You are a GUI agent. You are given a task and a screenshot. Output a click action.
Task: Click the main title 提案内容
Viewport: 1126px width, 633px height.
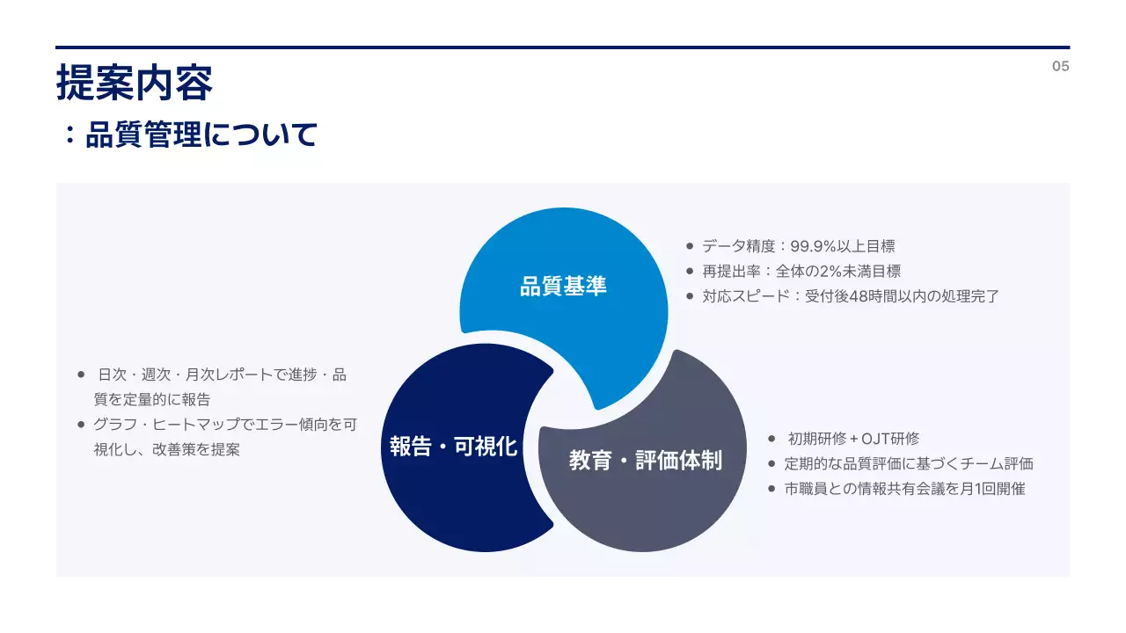click(135, 84)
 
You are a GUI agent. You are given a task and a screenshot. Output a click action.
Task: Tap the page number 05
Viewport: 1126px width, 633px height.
click(1060, 66)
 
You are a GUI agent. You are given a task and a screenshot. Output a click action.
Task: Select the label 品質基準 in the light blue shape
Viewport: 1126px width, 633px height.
click(563, 287)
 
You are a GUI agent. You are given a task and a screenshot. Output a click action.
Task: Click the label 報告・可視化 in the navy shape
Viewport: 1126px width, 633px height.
click(454, 447)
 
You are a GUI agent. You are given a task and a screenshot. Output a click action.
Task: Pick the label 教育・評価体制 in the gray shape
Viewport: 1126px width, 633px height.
click(645, 461)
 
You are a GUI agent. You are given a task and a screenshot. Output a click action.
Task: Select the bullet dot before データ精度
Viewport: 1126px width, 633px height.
click(690, 247)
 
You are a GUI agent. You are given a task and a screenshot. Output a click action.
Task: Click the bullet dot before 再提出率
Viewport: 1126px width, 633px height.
click(690, 272)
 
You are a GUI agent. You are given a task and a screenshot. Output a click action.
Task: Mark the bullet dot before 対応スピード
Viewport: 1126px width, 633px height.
click(690, 296)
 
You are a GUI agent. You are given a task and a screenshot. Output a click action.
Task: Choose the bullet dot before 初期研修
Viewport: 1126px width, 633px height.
click(771, 439)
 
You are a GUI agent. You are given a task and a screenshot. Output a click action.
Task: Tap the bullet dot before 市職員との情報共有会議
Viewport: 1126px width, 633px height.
click(771, 488)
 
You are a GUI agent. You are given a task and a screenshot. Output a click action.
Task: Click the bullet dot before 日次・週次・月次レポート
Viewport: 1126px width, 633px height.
click(82, 375)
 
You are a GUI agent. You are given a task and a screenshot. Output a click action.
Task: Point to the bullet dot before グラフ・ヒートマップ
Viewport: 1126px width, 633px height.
click(82, 425)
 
